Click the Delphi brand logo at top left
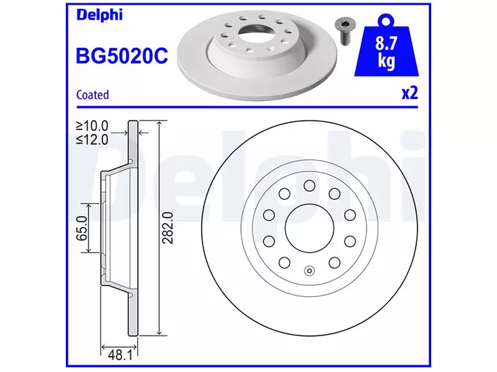[98, 14]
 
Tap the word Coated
[92, 96]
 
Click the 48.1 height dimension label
[117, 352]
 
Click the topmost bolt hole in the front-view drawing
[308, 185]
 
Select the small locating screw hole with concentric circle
[308, 272]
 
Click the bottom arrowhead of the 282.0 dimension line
[159, 333]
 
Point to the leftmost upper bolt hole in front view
[268, 215]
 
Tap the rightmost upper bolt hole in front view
[349, 215]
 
